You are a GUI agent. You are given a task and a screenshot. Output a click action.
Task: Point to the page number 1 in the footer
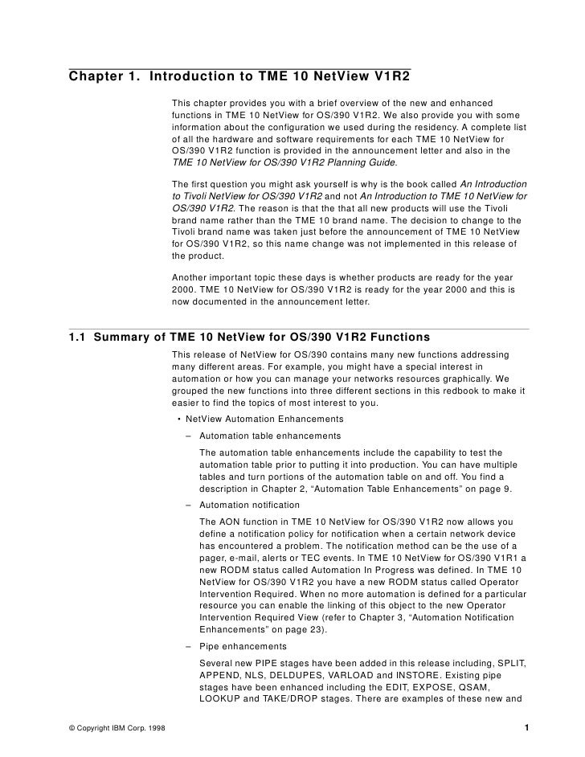(525, 730)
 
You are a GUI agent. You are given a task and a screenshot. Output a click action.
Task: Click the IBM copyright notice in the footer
(112, 730)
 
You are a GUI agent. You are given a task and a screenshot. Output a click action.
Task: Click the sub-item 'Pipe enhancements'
(242, 646)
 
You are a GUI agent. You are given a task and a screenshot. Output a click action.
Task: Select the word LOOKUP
(223, 699)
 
